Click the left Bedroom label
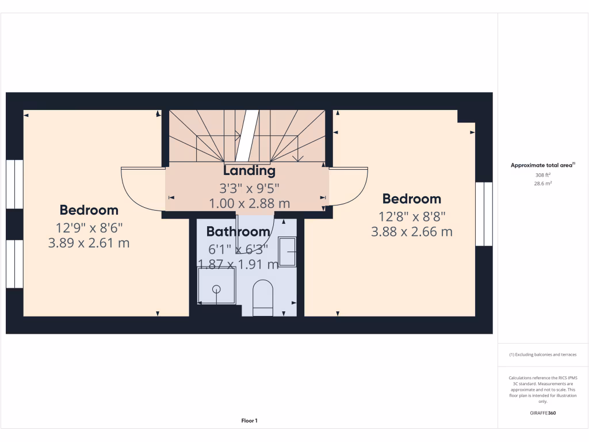[x=89, y=210]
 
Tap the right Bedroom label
[x=412, y=199]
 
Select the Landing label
[x=249, y=170]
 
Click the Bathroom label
[x=238, y=232]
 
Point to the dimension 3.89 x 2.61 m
[x=89, y=243]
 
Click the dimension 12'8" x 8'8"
[x=412, y=217]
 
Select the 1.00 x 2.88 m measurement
[x=249, y=203]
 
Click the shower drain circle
[x=217, y=289]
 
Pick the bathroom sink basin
[x=288, y=252]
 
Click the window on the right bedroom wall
[x=484, y=214]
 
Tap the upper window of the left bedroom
[x=14, y=184]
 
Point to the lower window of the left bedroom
[x=14, y=264]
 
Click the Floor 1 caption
[x=249, y=421]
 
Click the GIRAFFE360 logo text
[x=543, y=413]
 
